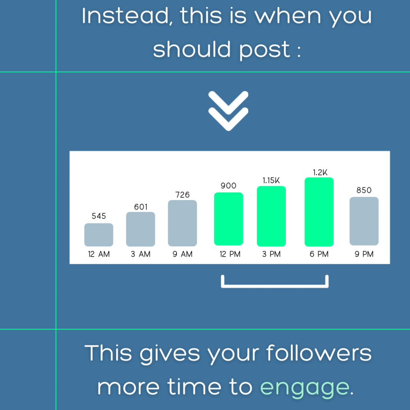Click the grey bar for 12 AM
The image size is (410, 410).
(x=98, y=235)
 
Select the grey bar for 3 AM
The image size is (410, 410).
(x=141, y=229)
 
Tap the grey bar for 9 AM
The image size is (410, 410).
(x=182, y=223)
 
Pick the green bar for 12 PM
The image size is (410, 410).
(x=229, y=219)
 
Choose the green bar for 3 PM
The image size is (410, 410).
(x=271, y=216)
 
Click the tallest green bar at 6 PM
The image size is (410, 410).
(x=319, y=212)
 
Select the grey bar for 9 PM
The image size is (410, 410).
(x=364, y=221)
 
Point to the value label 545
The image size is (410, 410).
(x=99, y=216)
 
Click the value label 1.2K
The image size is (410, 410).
(x=320, y=172)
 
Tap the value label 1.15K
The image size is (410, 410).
(x=271, y=181)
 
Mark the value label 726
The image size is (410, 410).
(x=182, y=195)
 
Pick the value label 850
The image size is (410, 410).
(x=364, y=190)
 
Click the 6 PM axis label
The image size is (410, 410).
(x=319, y=254)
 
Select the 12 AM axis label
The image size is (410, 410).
(x=99, y=254)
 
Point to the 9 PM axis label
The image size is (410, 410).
(x=364, y=254)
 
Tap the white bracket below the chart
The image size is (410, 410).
(x=275, y=286)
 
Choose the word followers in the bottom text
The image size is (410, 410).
(x=319, y=353)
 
